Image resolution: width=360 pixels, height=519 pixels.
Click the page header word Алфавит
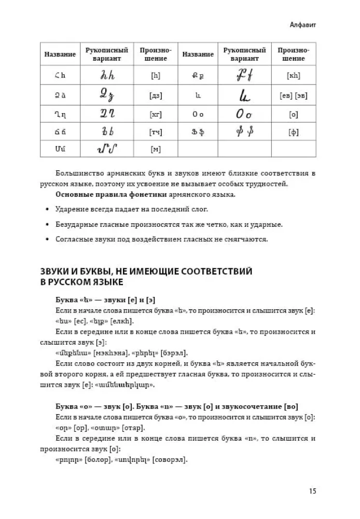(x=303, y=24)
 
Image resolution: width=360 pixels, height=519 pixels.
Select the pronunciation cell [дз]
(x=155, y=95)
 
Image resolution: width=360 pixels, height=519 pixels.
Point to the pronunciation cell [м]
(x=155, y=149)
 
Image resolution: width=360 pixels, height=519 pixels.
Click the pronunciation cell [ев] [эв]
(x=293, y=95)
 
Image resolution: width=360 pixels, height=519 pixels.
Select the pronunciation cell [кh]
(x=293, y=76)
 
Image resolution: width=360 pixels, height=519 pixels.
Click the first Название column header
(x=60, y=54)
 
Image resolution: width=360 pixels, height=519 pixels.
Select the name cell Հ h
(x=60, y=76)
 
